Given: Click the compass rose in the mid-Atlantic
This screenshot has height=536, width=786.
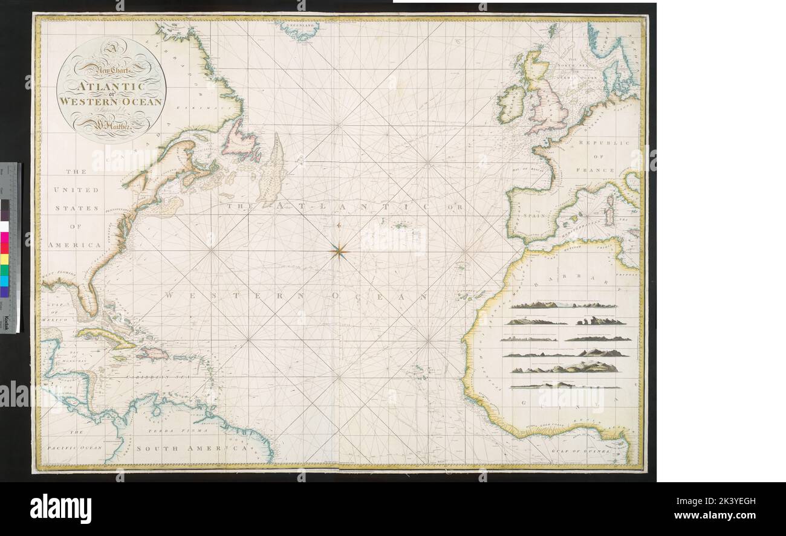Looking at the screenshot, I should (x=339, y=250).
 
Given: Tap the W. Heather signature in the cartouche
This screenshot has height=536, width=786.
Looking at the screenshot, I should (x=111, y=128).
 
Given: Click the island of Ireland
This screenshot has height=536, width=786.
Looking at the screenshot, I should (x=510, y=103).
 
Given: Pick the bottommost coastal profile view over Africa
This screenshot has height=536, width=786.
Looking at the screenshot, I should (x=564, y=386).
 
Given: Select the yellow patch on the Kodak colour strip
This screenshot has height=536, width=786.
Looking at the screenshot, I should (x=5, y=260).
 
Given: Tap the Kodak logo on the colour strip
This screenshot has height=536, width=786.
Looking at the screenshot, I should (x=5, y=323).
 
